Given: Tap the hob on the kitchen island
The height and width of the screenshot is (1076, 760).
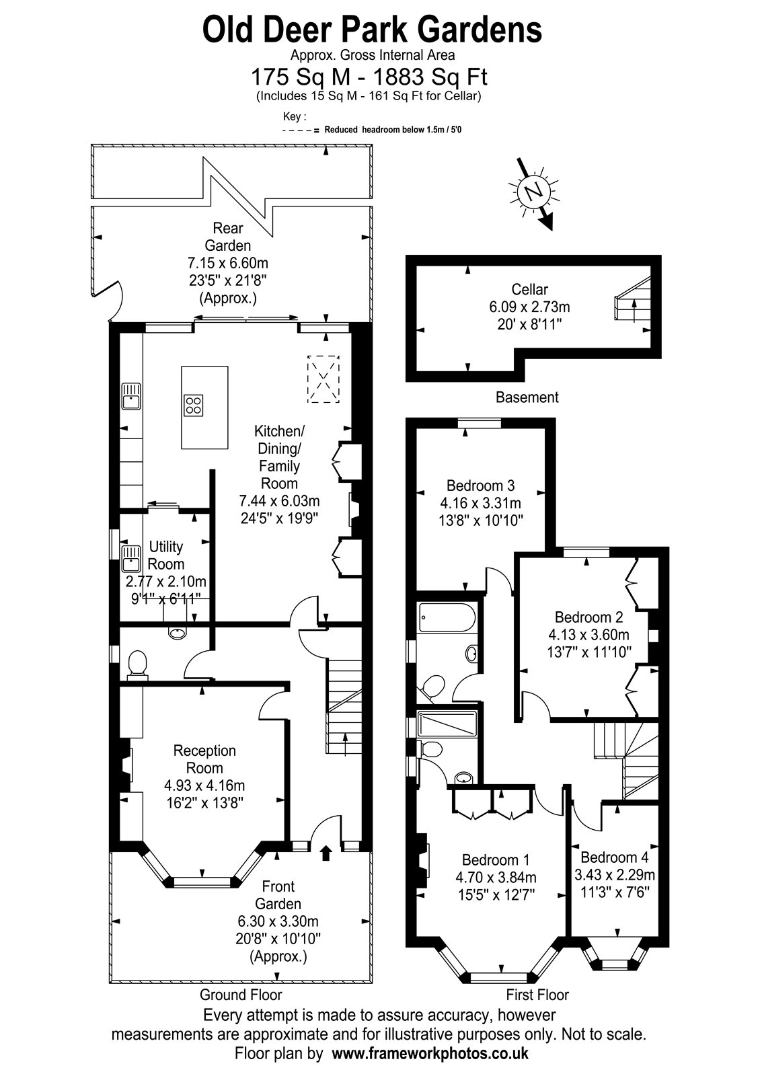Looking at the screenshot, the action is click(194, 404).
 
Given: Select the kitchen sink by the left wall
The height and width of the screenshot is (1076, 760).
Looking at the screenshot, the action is click(130, 396).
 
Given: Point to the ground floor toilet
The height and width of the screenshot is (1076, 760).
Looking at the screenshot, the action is click(137, 665).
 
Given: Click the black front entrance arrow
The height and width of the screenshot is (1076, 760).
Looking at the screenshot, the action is click(326, 853).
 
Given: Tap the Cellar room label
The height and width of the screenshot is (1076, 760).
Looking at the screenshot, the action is click(529, 289).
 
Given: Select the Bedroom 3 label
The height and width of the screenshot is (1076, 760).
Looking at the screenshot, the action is click(480, 485).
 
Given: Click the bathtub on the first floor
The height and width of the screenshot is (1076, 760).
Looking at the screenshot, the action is click(447, 617).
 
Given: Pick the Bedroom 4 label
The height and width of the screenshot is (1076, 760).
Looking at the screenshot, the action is click(615, 857).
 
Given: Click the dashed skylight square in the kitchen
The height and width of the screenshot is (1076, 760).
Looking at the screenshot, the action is click(324, 379).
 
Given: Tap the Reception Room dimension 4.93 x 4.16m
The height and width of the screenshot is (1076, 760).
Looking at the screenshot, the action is click(204, 785).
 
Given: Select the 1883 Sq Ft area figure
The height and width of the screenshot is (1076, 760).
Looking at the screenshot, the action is click(430, 77).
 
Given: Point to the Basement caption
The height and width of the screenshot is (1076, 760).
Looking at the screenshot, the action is click(527, 397).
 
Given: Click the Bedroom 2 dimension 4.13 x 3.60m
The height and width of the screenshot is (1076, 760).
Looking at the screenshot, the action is click(589, 635).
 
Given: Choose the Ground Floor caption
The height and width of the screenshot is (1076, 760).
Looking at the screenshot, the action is click(241, 995).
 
